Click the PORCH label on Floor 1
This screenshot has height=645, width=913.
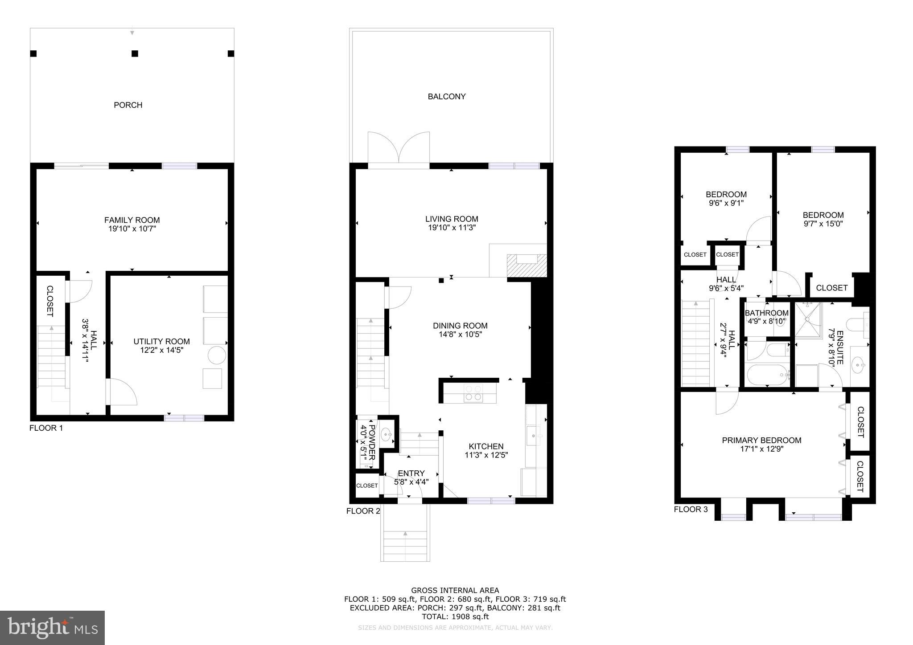(x=128, y=105)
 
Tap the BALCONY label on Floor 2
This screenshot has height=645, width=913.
(x=446, y=97)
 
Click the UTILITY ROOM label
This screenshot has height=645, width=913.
(x=161, y=342)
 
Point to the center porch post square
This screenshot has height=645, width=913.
(x=135, y=54)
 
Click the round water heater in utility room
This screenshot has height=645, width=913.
(x=218, y=355)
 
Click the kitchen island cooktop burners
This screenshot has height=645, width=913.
(x=473, y=393)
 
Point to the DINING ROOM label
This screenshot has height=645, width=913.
(x=460, y=326)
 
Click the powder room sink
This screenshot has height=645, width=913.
(x=387, y=433)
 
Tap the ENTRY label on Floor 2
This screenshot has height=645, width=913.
(x=411, y=473)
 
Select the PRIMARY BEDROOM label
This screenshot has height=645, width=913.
(x=761, y=441)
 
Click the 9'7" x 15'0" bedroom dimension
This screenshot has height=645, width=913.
(x=823, y=224)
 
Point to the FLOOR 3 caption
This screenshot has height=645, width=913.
(x=691, y=509)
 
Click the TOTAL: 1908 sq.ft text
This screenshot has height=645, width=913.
(x=455, y=616)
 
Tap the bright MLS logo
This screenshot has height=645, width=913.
(x=52, y=628)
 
